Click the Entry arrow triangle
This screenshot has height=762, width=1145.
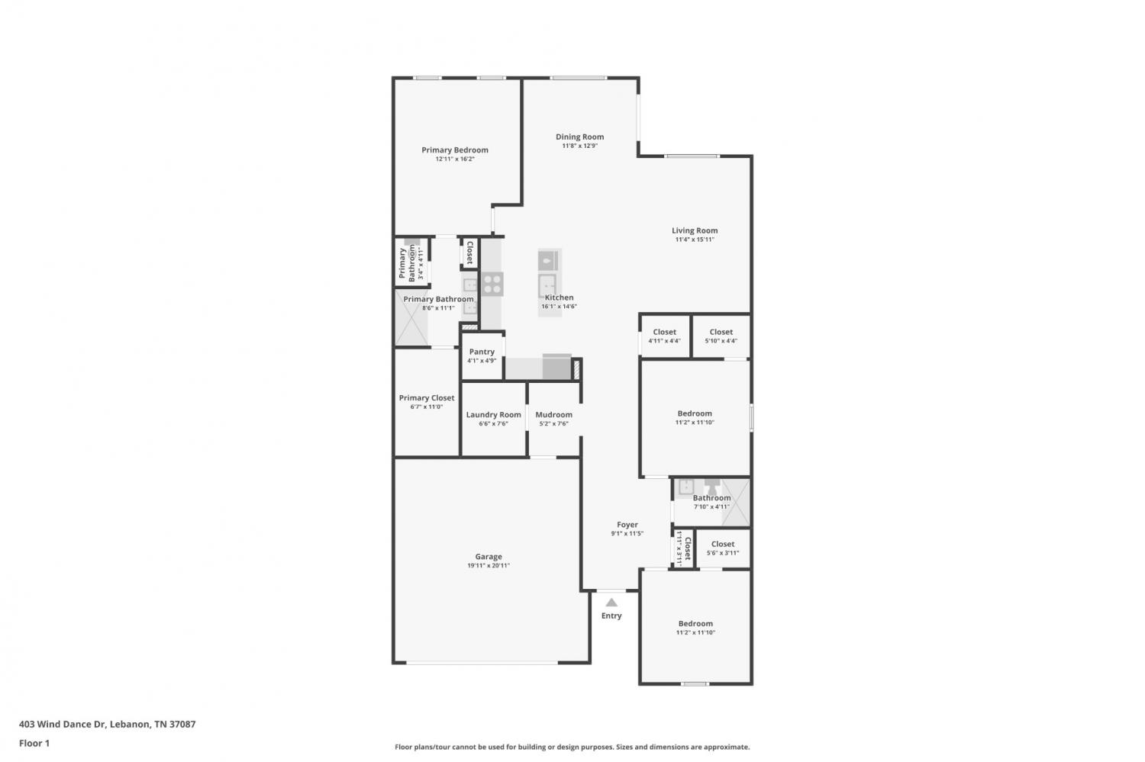(x=611, y=603)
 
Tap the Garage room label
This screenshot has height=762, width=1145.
(x=489, y=557)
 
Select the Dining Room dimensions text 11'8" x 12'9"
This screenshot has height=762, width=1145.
(x=579, y=146)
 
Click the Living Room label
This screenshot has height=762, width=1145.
(x=695, y=230)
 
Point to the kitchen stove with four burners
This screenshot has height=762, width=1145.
(x=492, y=284)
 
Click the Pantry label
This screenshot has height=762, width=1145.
(x=482, y=352)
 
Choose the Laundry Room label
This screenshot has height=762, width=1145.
(x=493, y=415)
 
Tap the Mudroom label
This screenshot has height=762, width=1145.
(x=553, y=415)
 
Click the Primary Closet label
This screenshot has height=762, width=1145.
(x=426, y=398)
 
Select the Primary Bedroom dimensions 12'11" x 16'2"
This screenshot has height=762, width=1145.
(x=455, y=159)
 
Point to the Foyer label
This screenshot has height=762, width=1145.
(x=627, y=525)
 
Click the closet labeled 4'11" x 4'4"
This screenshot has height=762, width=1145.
(x=665, y=336)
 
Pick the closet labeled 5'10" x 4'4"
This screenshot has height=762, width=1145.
(x=721, y=336)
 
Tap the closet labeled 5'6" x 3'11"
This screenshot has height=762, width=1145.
(x=723, y=548)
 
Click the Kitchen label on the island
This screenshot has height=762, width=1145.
(x=560, y=297)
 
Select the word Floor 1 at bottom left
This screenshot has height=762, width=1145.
(x=34, y=743)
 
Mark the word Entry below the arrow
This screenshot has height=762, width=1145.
(x=611, y=616)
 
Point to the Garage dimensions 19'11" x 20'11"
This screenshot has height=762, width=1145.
(x=489, y=565)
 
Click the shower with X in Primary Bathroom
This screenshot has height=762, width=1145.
(x=411, y=317)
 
